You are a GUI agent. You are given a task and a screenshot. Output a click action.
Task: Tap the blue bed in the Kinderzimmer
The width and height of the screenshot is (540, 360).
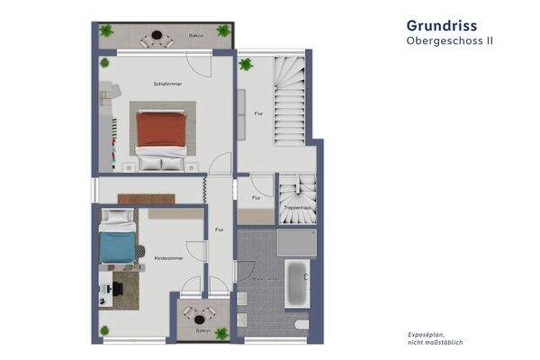tap(117, 244)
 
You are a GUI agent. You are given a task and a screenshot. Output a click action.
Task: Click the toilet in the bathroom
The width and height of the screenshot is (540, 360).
tap(301, 323)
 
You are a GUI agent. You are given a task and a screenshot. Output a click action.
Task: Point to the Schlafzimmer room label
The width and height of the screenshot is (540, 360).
tap(167, 84)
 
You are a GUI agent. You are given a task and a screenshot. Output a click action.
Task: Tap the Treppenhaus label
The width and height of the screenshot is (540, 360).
tap(297, 208)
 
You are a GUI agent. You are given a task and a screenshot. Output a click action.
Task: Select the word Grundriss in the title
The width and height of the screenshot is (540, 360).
tap(441, 25)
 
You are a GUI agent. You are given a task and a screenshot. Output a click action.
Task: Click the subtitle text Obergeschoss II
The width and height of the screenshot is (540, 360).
tap(449, 41)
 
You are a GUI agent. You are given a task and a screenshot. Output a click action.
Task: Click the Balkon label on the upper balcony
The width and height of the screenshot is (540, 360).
tap(195, 36)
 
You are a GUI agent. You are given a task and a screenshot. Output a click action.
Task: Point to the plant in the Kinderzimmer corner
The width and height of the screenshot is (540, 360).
tap(105, 329)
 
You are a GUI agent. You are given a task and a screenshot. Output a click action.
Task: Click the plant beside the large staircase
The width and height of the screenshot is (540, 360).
tap(246, 64)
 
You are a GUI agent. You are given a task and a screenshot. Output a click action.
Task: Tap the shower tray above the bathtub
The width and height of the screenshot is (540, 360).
tap(297, 242)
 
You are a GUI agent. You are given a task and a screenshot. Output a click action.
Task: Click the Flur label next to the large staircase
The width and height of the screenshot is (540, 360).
tap(258, 113)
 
